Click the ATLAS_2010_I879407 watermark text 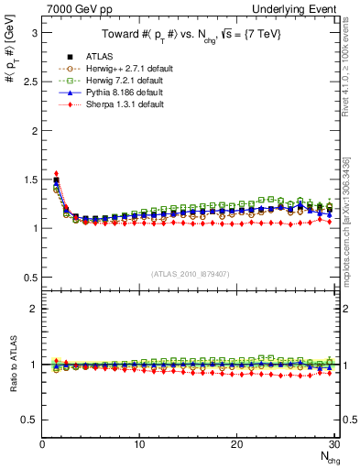point(190,275)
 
